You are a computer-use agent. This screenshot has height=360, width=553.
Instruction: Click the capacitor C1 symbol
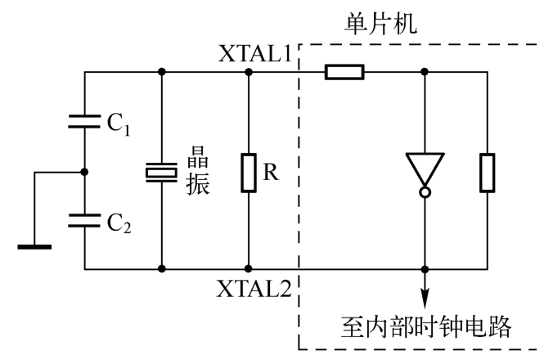click(85, 124)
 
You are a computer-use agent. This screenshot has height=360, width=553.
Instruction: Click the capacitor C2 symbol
click(85, 218)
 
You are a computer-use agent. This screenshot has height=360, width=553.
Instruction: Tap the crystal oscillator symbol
click(161, 172)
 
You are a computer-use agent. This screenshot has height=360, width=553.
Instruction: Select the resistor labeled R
click(248, 172)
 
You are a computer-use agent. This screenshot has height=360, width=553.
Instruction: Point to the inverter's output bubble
click(425, 193)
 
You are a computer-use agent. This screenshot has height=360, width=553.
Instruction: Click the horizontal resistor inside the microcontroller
click(344, 72)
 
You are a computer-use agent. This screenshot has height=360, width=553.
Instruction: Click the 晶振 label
click(199, 170)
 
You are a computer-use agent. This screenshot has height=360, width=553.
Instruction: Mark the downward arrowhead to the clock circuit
click(425, 297)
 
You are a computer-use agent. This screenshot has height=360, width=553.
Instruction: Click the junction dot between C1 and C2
click(85, 172)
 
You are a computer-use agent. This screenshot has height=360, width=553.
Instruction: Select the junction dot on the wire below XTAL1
click(249, 72)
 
